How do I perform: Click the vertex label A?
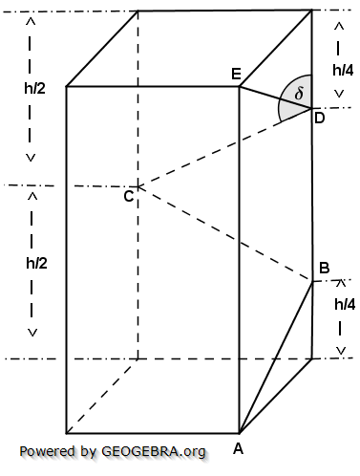coord(240,445)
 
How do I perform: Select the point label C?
coord(127,197)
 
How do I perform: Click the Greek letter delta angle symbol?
coord(298,95)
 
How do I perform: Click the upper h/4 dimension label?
coord(342,69)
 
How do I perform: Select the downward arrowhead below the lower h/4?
coord(341,350)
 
